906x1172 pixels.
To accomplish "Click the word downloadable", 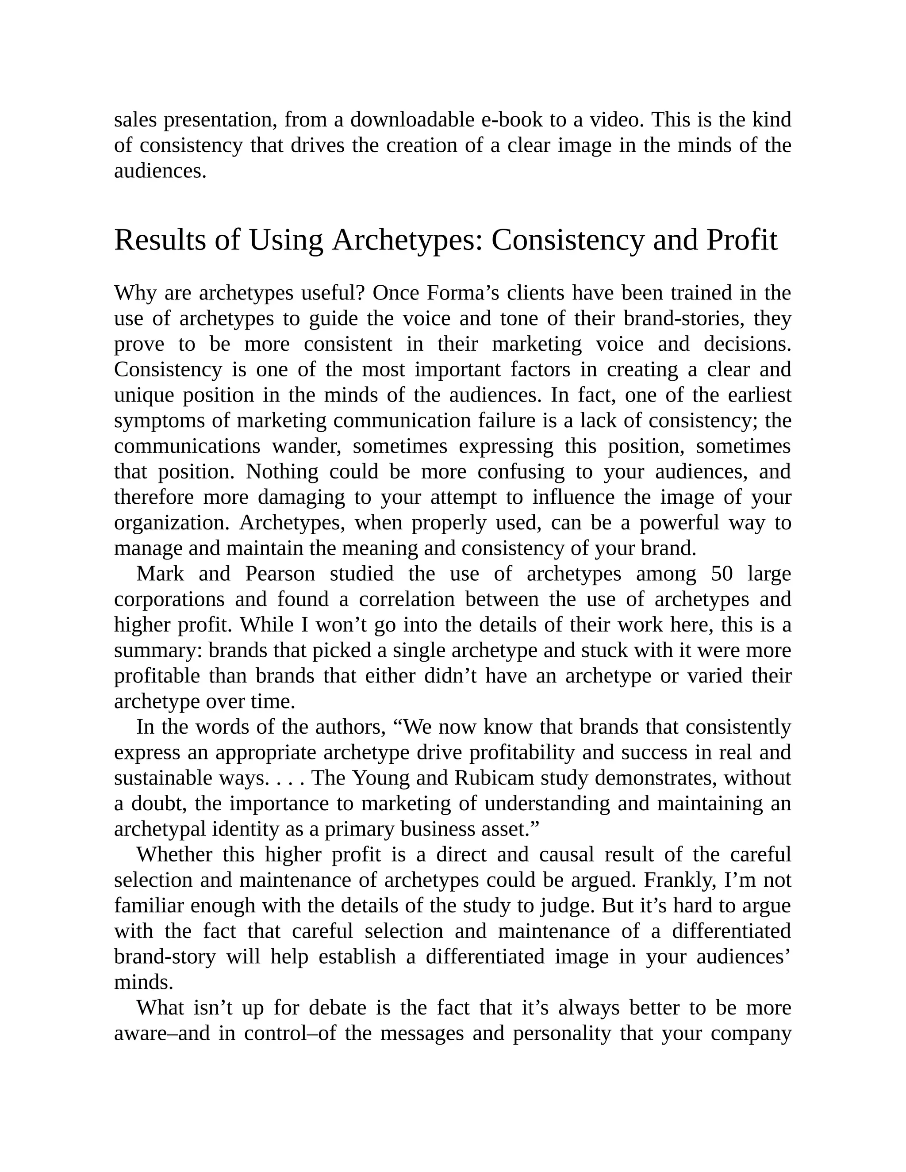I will coord(412,120).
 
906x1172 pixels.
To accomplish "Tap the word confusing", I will coord(521,472).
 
